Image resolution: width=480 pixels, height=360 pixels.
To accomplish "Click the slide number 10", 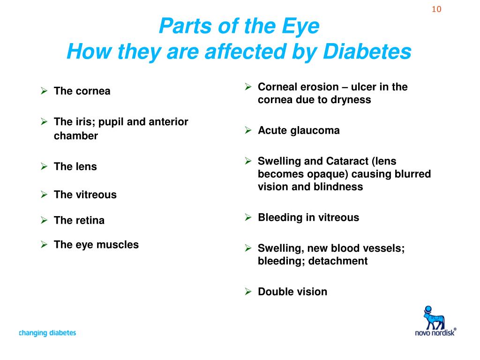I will tap(436, 9).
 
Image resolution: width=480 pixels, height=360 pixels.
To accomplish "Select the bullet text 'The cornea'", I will tap(82, 91).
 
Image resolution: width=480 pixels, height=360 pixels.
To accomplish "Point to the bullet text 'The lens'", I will tap(75, 166).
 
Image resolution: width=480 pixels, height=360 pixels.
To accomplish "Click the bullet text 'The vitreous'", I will tap(85, 195).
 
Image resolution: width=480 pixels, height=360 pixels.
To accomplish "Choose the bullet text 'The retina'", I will tap(79, 220).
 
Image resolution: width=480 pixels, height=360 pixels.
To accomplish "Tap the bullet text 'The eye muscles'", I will tap(96, 244).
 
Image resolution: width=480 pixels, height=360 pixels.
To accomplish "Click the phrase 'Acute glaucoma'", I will tap(299, 130).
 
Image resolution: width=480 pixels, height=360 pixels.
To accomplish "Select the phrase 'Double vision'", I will tap(292, 292).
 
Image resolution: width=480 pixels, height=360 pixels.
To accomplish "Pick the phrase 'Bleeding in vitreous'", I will tap(308, 217).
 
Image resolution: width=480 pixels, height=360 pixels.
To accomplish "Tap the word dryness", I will tap(351, 99).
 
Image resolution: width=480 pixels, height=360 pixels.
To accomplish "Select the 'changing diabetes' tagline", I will tap(47, 333).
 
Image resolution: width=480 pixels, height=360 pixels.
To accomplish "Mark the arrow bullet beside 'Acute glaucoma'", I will tap(248, 131).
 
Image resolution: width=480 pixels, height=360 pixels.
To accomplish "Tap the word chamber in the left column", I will tap(76, 136).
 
